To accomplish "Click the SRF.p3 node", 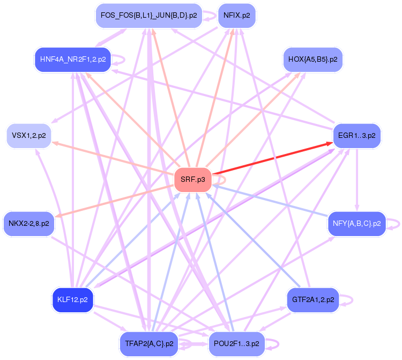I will pyautogui.click(x=193, y=180).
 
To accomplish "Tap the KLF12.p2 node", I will pyautogui.click(x=72, y=299).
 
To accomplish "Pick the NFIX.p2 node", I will pyautogui.click(x=236, y=16).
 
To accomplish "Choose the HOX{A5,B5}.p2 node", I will pyautogui.click(x=312, y=59).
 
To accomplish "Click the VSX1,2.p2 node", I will pyautogui.click(x=29, y=135).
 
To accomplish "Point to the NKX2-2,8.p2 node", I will pyautogui.click(x=29, y=223).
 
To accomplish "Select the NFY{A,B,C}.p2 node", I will pyautogui.click(x=356, y=223).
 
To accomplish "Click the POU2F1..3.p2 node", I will pyautogui.click(x=236, y=343).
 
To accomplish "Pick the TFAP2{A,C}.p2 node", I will pyautogui.click(x=149, y=343).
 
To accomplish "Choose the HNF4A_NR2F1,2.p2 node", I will pyautogui.click(x=73, y=59).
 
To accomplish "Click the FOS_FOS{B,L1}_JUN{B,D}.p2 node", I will pyautogui.click(x=149, y=16).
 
